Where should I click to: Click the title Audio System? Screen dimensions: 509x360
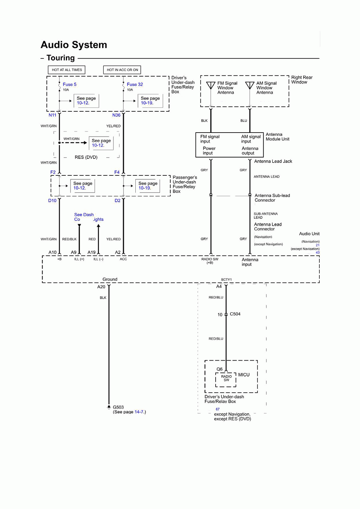coord(74,45)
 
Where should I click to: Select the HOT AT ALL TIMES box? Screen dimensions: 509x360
coord(67,70)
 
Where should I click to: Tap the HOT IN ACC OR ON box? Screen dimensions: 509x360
coord(122,70)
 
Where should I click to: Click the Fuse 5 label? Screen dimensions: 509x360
coord(69,85)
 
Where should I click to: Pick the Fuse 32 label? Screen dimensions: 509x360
coord(135,85)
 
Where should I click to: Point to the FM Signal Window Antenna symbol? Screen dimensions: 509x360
coord(211,86)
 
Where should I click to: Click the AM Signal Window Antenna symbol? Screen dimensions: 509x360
coord(250,86)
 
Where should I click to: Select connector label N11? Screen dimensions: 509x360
coord(52,115)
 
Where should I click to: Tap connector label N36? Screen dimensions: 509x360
coord(116,115)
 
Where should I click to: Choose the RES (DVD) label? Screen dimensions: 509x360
coord(86,157)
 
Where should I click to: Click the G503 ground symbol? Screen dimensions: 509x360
coord(109,407)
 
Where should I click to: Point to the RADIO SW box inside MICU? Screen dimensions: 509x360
coord(226,379)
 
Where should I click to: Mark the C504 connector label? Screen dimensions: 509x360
coord(235,314)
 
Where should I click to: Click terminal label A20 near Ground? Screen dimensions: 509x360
coord(101,287)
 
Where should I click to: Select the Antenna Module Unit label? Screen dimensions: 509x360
coord(277,137)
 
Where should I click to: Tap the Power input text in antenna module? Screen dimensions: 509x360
coord(209,151)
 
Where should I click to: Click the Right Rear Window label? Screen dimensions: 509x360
coord(302,80)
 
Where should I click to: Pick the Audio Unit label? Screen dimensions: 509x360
coord(309,234)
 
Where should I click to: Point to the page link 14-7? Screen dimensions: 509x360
coord(139,412)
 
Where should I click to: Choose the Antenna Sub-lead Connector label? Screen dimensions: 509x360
coord(272,198)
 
